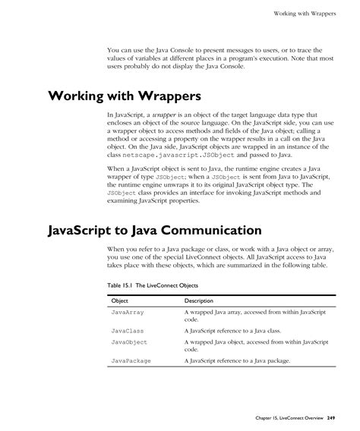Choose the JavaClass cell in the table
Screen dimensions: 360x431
(128, 331)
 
